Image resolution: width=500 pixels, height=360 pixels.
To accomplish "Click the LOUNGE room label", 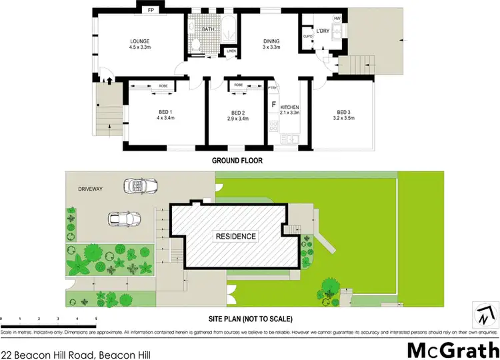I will [139, 41].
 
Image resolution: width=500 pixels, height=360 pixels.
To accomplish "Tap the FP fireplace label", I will [151, 11].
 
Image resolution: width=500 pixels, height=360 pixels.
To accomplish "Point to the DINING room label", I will [271, 41].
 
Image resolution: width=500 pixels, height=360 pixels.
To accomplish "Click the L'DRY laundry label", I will [323, 31].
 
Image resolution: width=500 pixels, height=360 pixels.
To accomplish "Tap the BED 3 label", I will [343, 112].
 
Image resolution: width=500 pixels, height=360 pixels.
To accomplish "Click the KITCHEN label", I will [289, 107].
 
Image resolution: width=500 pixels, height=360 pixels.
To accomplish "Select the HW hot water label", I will [337, 18].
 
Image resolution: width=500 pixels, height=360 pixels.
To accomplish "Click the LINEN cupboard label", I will [231, 51].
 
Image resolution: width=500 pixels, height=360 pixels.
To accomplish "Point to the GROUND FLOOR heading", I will [237, 161].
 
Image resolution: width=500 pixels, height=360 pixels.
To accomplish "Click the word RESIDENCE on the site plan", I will [235, 237].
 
